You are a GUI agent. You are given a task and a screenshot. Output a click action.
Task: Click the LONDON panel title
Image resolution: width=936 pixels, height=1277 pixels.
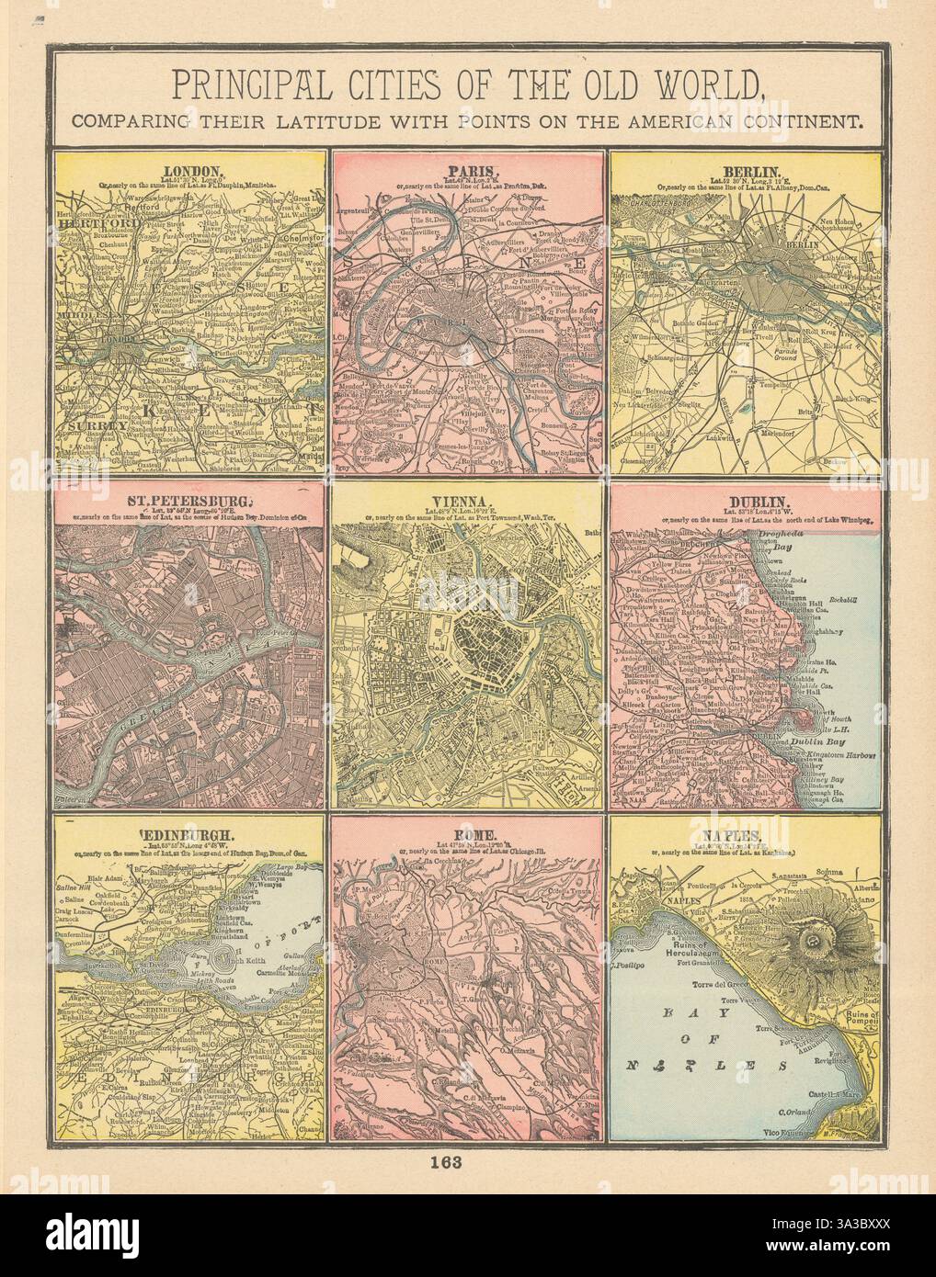[x=191, y=171]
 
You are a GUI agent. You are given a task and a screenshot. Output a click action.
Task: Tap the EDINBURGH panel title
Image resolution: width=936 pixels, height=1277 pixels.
[x=190, y=835]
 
